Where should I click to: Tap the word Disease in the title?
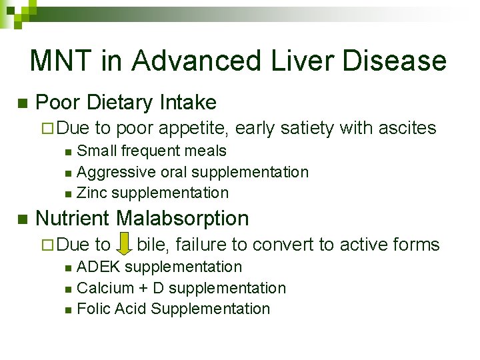394,61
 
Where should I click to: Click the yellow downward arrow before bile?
123,245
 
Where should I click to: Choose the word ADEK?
99,267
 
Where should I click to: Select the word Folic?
95,309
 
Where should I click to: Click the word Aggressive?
117,172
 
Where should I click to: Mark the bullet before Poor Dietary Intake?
21,103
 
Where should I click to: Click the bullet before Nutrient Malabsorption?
21,219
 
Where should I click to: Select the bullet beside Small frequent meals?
69,152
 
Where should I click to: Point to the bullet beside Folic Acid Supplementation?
69,310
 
